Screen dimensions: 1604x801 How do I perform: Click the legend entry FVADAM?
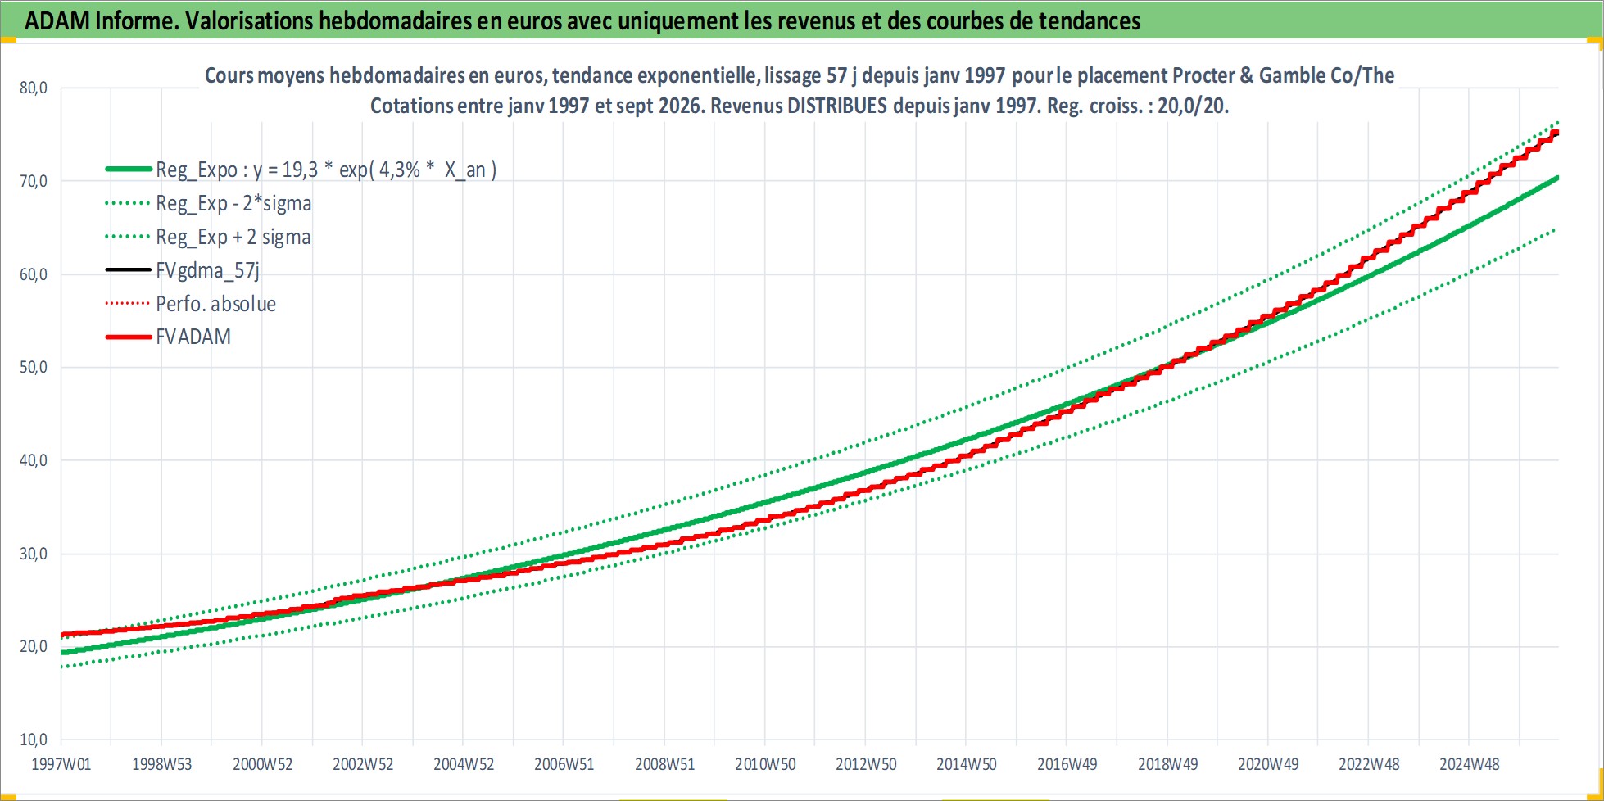coord(193,337)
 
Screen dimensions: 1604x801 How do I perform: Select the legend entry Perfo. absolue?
coord(215,304)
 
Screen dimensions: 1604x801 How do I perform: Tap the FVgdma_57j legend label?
coord(207,270)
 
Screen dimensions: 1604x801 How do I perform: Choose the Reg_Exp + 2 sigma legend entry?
coord(233,237)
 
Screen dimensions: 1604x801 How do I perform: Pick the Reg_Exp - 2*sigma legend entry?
coord(233,203)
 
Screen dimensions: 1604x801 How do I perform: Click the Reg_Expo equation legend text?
coord(326,170)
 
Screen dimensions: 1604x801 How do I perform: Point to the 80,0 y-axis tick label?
coord(34,88)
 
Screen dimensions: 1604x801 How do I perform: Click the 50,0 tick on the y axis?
coord(34,367)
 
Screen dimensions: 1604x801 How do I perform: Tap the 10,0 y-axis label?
coord(34,740)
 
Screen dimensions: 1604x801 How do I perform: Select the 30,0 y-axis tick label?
coord(34,554)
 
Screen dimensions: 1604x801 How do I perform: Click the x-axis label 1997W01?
coord(61,764)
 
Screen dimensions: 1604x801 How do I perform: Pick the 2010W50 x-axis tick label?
coord(765,764)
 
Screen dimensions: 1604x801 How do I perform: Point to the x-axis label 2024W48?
coord(1470,764)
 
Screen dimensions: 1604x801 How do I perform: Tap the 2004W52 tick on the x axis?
coord(464,764)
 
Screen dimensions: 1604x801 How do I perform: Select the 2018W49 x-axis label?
coord(1167,764)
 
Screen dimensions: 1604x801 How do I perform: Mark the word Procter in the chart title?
coord(1203,75)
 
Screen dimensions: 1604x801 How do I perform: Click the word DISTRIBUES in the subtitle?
coord(837,106)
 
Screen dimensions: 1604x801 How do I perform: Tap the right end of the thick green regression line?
coord(1557,178)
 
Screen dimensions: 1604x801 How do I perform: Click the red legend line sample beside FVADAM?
coord(129,337)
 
